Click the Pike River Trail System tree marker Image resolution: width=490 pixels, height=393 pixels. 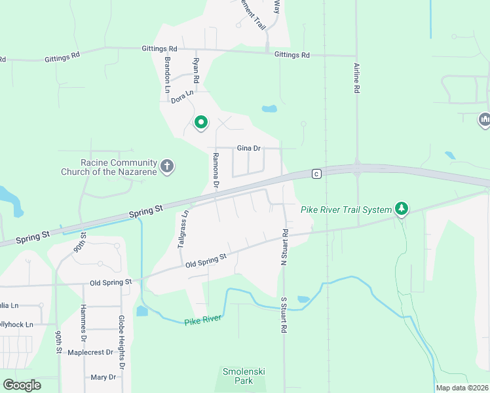pyautogui.click(x=402, y=209)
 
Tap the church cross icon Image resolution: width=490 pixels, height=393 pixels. pyautogui.click(x=167, y=166)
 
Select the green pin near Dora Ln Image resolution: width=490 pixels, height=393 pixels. pyautogui.click(x=201, y=122)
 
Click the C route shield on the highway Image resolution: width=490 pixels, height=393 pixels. pyautogui.click(x=316, y=174)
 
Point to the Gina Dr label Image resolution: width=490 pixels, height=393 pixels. pyautogui.click(x=249, y=149)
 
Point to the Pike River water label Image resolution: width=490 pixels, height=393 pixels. pyautogui.click(x=203, y=320)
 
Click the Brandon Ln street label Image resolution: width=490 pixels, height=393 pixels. pyautogui.click(x=168, y=73)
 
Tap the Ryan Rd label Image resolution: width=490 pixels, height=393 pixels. pyautogui.click(x=195, y=71)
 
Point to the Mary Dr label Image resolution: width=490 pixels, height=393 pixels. pyautogui.click(x=104, y=377)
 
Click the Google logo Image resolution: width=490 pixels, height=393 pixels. pyautogui.click(x=22, y=385)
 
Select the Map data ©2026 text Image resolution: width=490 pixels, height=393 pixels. pyautogui.click(x=462, y=388)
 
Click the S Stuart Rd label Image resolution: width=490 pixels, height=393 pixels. pyautogui.click(x=284, y=316)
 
